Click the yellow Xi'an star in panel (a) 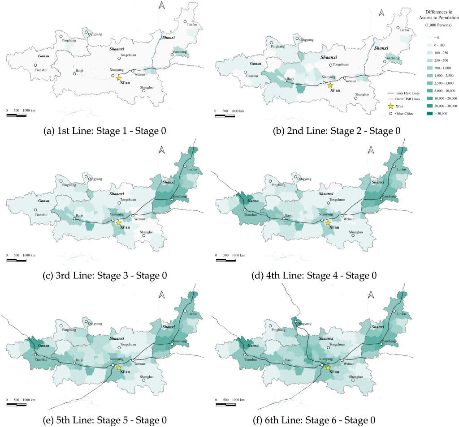pos(118,78)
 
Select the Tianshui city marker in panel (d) pos(245,209)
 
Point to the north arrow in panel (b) pos(381,13)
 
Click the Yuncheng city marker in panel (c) pos(172,199)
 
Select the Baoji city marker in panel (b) pos(285,81)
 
